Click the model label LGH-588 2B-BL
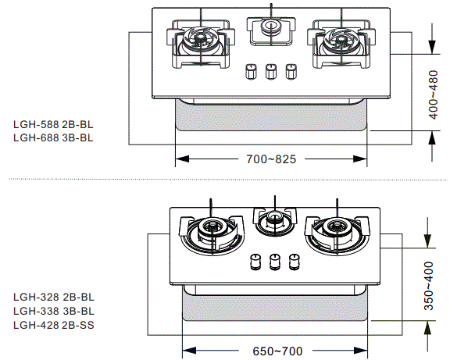pyautogui.click(x=53, y=124)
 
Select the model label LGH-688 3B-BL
pyautogui.click(x=53, y=137)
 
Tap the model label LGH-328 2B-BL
pyautogui.click(x=53, y=298)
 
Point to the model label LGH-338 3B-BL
pyautogui.click(x=53, y=311)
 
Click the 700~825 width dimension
pyautogui.click(x=271, y=159)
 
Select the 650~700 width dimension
pyautogui.click(x=277, y=351)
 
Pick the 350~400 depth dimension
pyautogui.click(x=429, y=285)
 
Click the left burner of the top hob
pyautogui.click(x=200, y=37)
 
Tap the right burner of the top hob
pyautogui.click(x=341, y=37)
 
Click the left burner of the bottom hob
pyautogui.click(x=212, y=230)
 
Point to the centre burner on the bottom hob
pyautogui.click(x=274, y=220)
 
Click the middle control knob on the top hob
pyautogui.click(x=272, y=71)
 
